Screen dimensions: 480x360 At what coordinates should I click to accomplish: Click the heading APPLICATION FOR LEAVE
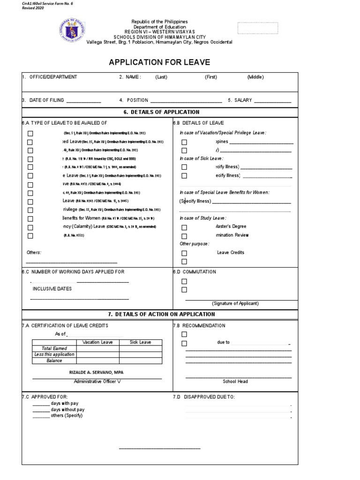[x=159, y=62]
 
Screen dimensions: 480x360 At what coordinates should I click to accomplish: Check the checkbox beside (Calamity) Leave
[x=30, y=227]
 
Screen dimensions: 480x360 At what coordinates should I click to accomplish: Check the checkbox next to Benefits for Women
[x=30, y=219]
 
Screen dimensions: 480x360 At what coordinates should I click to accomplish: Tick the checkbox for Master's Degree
[x=184, y=227]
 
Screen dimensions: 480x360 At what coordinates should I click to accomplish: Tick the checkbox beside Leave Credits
[x=184, y=253]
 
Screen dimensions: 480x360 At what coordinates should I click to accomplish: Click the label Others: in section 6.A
[x=34, y=253]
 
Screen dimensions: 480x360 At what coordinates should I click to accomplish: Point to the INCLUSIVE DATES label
[x=52, y=289]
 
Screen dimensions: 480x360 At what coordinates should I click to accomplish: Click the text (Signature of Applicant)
[x=235, y=303]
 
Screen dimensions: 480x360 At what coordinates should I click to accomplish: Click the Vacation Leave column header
[x=97, y=342]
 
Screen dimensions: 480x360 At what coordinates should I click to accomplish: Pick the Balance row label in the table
[x=54, y=361]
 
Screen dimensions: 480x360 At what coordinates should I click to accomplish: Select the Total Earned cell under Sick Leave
[x=140, y=349]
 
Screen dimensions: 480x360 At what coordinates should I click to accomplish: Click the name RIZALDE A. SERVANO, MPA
[x=97, y=372]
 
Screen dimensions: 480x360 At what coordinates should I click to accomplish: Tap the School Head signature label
[x=235, y=382]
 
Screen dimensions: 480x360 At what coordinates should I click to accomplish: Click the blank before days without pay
[x=40, y=409]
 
